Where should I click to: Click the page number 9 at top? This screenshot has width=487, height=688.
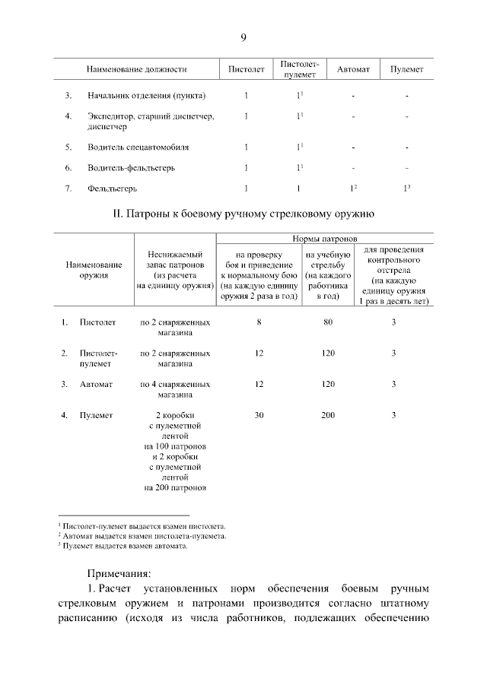243,37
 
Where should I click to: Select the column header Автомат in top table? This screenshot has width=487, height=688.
353,69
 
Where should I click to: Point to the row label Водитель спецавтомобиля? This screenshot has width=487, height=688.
137,147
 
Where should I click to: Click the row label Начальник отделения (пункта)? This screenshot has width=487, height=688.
146,96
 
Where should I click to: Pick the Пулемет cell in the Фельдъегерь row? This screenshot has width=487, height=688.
406,188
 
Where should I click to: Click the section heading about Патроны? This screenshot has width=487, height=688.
243,214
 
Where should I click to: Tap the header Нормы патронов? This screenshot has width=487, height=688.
325,239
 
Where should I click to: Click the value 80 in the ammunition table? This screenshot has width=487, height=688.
328,322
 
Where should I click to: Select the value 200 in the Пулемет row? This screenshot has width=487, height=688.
328,415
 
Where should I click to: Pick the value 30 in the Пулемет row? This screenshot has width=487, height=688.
259,415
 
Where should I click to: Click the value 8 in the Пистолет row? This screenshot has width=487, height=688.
259,322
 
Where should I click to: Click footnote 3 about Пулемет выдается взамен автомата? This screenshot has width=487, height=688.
125,545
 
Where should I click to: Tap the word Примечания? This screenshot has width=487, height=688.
119,572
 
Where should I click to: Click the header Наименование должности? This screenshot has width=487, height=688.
136,69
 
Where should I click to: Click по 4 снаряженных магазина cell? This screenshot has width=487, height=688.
175,389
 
